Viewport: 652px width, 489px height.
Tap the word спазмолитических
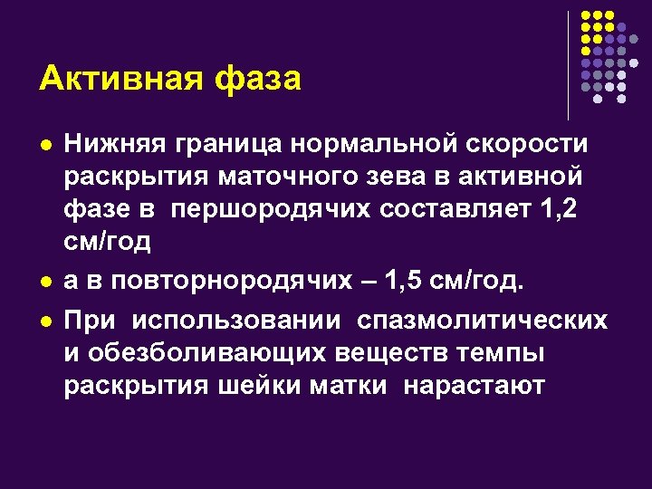(x=482, y=322)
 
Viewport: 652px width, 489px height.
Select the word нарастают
(x=475, y=385)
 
